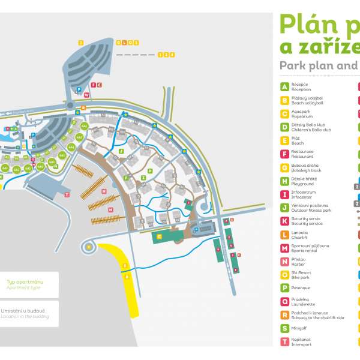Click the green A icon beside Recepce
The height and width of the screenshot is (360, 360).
click(x=284, y=87)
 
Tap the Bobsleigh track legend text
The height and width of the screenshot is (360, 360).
click(x=305, y=170)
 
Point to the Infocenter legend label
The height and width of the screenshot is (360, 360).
click(x=301, y=197)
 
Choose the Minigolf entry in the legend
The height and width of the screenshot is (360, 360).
click(x=300, y=328)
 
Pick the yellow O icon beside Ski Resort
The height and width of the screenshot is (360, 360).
click(x=284, y=275)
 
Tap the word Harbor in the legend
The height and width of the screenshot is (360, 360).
click(x=298, y=264)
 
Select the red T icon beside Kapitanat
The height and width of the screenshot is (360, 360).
click(x=284, y=342)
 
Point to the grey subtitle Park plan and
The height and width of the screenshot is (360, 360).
click(x=318, y=65)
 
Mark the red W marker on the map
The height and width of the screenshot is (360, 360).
click(x=86, y=95)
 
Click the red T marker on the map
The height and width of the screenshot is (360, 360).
click(x=67, y=195)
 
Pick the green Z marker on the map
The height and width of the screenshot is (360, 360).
click(x=143, y=178)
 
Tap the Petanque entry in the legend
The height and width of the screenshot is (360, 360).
click(x=300, y=288)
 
